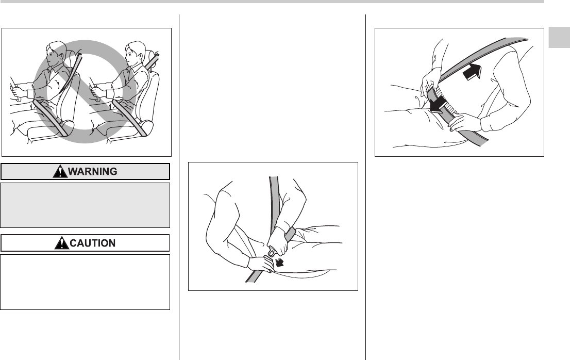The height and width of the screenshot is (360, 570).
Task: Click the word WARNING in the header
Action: coord(93,171)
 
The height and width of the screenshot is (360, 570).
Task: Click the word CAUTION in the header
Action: coord(92,243)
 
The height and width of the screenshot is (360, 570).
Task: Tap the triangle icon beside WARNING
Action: coord(60,171)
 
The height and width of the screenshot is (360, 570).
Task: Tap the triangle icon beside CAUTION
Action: coord(62,243)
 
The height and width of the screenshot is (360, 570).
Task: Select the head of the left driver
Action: coord(55,54)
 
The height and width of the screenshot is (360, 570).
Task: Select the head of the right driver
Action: coord(135,53)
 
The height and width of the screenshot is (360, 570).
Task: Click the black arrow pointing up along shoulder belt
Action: coord(473,71)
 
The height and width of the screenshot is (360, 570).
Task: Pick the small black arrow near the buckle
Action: coord(279,262)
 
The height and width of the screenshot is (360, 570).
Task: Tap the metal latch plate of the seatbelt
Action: coord(273,252)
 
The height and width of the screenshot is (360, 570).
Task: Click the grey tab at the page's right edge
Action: coord(559,37)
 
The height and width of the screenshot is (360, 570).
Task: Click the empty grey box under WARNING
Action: coord(85,205)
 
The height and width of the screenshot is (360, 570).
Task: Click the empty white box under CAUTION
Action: coord(85,282)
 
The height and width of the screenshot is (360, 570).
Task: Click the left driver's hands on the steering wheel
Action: coord(17,91)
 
